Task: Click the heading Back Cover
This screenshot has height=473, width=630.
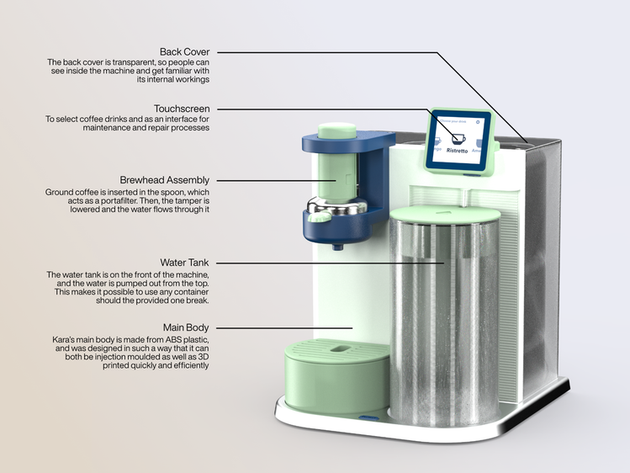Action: pos(184,52)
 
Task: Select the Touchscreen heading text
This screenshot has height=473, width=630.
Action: pos(182,109)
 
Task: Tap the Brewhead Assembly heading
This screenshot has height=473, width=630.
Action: pos(165,180)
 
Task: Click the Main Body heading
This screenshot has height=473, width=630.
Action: pos(186,327)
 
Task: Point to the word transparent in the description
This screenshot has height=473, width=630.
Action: pos(125,63)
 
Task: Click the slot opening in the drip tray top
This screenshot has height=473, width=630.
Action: pos(338,348)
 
